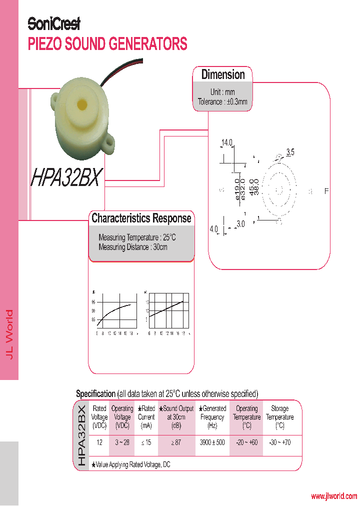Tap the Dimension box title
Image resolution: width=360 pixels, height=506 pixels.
[x=223, y=74]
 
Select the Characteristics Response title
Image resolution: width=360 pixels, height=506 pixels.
[x=141, y=218]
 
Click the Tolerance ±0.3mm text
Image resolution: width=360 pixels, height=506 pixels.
[x=222, y=101]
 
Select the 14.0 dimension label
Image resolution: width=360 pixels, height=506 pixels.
[x=227, y=143]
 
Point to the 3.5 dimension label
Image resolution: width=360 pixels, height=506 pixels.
[x=290, y=151]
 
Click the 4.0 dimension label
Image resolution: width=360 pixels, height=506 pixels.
[x=214, y=229]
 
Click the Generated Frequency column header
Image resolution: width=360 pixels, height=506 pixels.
[x=212, y=417]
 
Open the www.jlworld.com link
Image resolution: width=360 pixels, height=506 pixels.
[x=333, y=496]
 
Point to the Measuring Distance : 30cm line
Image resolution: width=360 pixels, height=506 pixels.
[x=133, y=247]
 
